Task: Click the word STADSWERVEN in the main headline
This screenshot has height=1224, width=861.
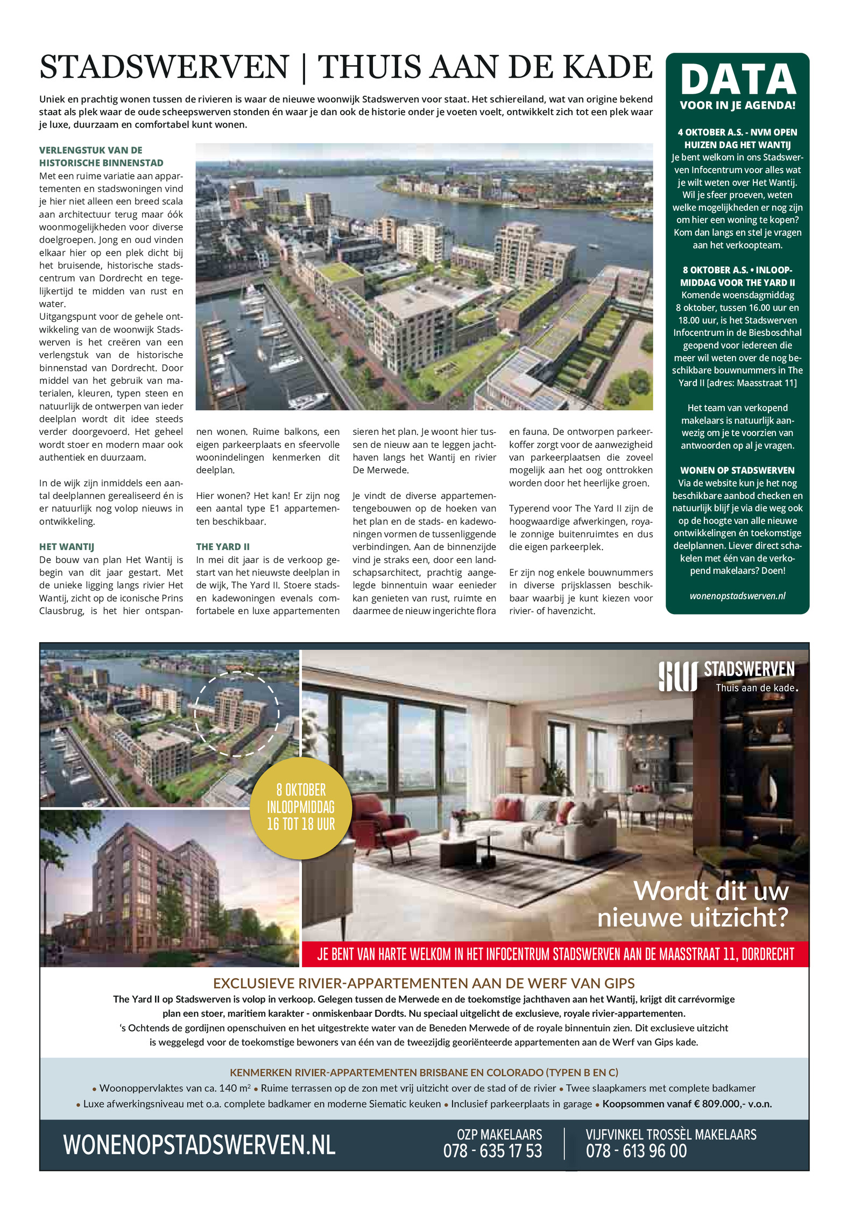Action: click(164, 67)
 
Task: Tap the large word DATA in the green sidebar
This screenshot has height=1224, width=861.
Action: click(738, 80)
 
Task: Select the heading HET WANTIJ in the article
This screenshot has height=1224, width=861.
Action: click(66, 546)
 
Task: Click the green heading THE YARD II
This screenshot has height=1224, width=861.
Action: click(222, 546)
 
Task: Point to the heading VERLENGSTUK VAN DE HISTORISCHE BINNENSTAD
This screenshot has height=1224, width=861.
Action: click(101, 156)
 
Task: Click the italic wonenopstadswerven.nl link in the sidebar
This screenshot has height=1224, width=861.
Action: click(737, 596)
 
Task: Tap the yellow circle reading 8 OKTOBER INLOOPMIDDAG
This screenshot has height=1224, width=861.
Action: click(301, 807)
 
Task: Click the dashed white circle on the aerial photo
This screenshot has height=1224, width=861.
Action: click(237, 714)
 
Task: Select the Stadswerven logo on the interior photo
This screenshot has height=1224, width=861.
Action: click(726, 677)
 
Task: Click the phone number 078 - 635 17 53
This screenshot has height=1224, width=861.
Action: click(492, 1151)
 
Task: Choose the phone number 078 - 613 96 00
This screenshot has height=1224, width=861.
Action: click(636, 1151)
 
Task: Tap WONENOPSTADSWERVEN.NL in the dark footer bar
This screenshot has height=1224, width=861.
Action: click(199, 1144)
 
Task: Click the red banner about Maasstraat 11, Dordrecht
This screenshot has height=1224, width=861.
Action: click(555, 954)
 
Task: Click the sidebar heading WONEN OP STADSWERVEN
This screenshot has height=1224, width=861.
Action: click(737, 470)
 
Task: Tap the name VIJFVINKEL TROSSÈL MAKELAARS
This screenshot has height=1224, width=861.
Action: click(671, 1135)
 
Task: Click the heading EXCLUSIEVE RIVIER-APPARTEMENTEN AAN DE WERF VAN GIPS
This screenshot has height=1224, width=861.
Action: click(424, 983)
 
